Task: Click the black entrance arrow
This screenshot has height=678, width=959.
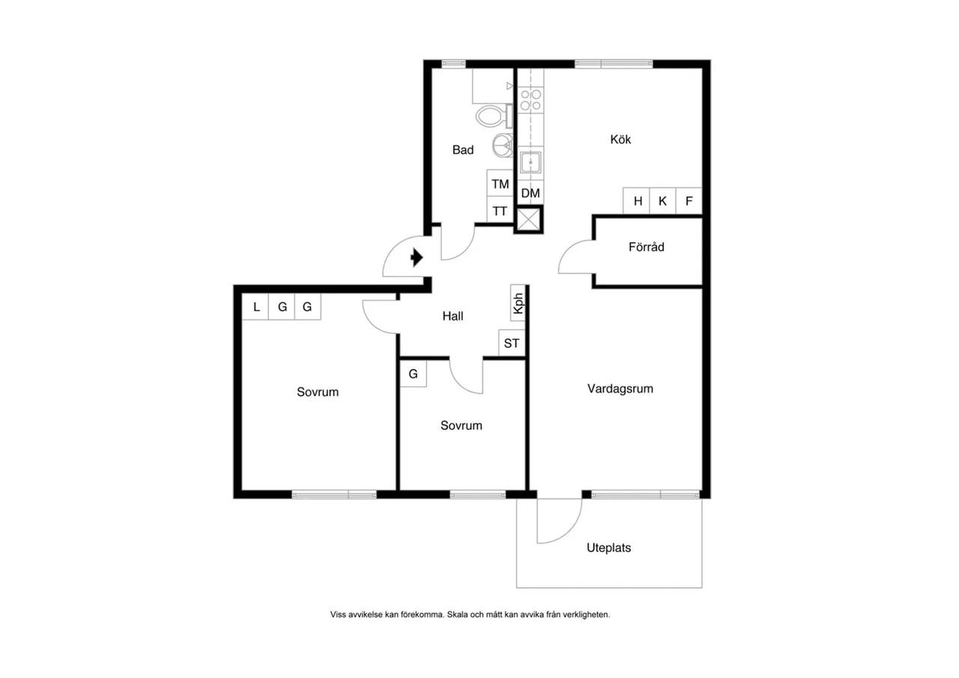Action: click(x=417, y=257)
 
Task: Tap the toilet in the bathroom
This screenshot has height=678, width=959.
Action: click(x=494, y=115)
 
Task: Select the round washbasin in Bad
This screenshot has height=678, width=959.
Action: click(x=502, y=145)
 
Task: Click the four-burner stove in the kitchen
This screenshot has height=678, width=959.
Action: click(x=530, y=100)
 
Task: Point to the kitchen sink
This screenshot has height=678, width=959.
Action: click(x=530, y=163)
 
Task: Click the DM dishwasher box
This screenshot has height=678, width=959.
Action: click(x=530, y=193)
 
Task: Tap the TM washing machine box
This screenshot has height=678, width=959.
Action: click(x=500, y=184)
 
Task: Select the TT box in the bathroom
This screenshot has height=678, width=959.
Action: click(x=500, y=211)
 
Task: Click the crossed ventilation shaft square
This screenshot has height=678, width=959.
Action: click(x=529, y=220)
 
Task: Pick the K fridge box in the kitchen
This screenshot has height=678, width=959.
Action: click(x=662, y=200)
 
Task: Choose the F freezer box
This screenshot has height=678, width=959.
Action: click(x=689, y=200)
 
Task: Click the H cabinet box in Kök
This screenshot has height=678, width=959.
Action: click(x=637, y=200)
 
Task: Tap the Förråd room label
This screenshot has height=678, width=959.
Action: click(x=647, y=247)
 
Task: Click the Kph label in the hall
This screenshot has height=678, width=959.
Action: click(x=518, y=303)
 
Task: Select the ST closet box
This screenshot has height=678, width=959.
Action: click(x=512, y=343)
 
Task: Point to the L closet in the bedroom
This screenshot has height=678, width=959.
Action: click(x=255, y=307)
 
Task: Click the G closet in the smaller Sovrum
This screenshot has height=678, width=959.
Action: click(x=413, y=373)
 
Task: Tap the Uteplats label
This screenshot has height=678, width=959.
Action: click(x=609, y=547)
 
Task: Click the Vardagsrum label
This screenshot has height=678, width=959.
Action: click(x=620, y=388)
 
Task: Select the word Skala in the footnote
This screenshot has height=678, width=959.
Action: click(x=458, y=614)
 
